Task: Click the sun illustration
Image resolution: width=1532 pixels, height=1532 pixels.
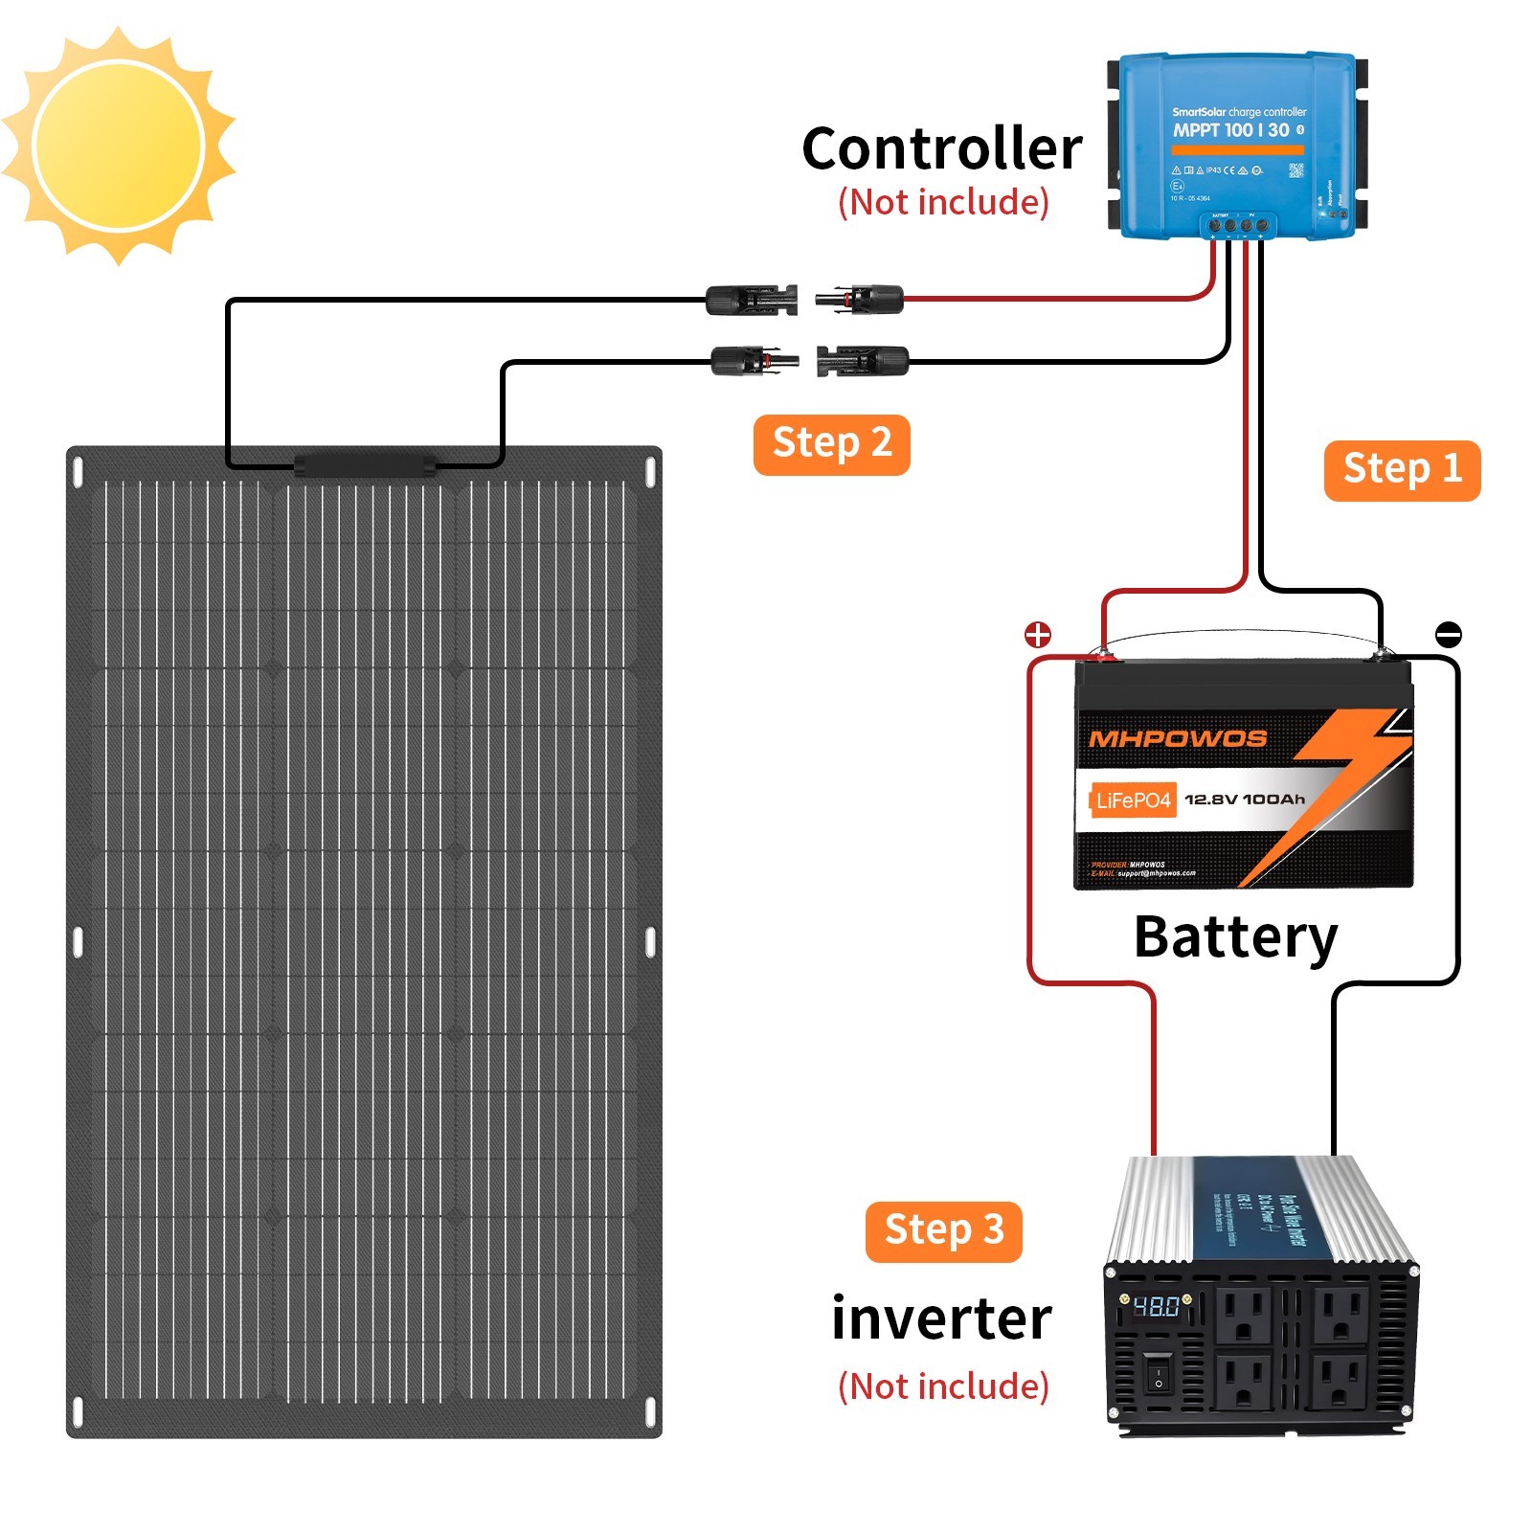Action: tap(118, 146)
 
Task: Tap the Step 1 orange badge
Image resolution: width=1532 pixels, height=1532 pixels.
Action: tap(1401, 470)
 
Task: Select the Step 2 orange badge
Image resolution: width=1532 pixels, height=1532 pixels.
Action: tap(831, 444)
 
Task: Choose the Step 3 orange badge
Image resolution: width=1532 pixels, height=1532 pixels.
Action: tap(943, 1231)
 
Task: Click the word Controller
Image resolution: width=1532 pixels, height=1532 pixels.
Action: tap(941, 149)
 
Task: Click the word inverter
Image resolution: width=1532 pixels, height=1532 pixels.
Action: tap(941, 1318)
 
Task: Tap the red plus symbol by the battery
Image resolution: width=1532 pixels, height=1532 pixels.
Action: tap(1038, 634)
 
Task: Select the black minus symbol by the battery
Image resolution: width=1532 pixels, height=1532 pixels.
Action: tap(1448, 634)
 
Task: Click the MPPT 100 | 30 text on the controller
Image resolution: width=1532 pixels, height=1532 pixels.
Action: tap(1232, 130)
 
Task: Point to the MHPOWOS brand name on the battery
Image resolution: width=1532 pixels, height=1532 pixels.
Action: tap(1178, 738)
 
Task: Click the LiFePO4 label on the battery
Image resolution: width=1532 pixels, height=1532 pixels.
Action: tap(1133, 800)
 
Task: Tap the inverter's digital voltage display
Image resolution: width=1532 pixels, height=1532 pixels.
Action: tap(1156, 1306)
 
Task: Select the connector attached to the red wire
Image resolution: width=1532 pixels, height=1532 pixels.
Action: tap(860, 300)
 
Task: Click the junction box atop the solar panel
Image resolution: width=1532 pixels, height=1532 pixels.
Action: tap(365, 464)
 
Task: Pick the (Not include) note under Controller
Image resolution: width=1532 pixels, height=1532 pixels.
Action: tap(943, 202)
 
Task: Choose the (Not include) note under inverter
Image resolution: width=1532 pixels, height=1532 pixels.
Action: tap(943, 1386)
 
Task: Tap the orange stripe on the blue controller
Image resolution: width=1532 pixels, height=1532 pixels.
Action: tap(1237, 150)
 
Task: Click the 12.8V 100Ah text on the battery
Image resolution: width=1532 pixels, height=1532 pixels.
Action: tap(1245, 800)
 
